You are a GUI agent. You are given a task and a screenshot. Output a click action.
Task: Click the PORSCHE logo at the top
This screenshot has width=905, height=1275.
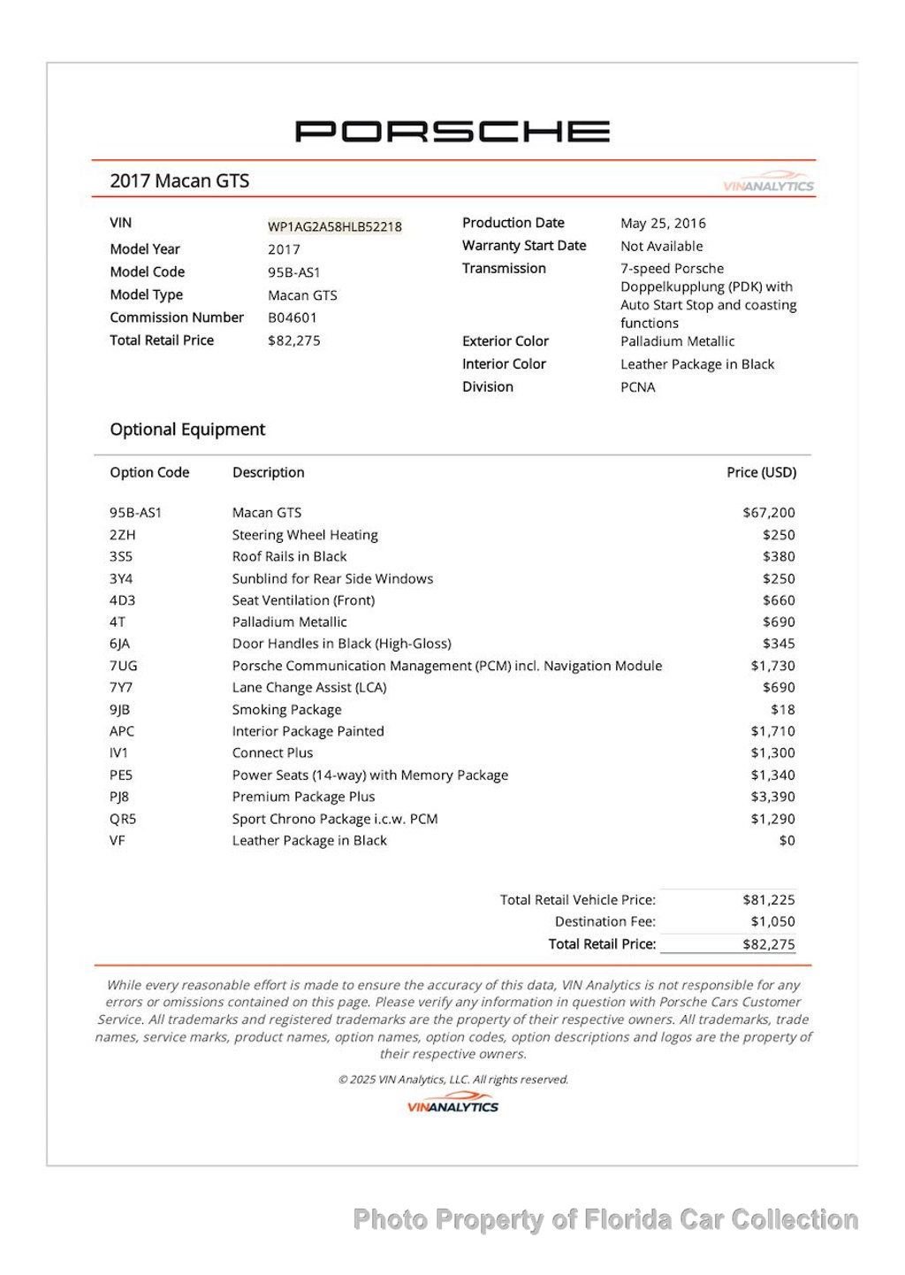click(x=452, y=132)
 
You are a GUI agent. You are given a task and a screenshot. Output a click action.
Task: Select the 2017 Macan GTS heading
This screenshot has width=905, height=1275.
click(x=179, y=181)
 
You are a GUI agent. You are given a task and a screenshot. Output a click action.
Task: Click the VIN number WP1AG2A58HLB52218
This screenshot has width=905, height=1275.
click(x=335, y=226)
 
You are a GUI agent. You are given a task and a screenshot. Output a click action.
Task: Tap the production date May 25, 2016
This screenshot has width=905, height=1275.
click(x=663, y=223)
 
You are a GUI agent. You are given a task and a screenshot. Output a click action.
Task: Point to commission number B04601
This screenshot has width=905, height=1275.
click(x=293, y=317)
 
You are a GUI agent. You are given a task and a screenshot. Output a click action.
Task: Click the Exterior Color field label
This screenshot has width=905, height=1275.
click(x=505, y=341)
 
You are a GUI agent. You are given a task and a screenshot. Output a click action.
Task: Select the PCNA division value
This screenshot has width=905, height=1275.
click(x=638, y=386)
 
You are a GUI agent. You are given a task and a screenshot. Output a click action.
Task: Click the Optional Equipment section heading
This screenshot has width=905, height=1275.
click(x=187, y=430)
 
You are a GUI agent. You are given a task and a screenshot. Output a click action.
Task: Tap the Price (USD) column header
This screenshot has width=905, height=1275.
click(x=761, y=472)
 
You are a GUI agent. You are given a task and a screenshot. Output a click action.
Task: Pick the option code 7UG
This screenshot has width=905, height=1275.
click(x=124, y=666)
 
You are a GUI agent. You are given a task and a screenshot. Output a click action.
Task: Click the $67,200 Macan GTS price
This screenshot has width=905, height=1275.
click(x=769, y=513)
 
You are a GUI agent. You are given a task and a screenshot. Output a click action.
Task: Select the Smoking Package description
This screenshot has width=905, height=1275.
click(x=286, y=709)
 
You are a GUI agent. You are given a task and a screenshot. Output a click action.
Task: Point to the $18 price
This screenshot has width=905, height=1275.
click(x=782, y=709)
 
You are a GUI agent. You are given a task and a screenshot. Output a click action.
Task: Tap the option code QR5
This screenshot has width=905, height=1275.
click(x=123, y=819)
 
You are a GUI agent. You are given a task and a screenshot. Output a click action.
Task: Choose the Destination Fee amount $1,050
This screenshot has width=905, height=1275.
click(x=772, y=921)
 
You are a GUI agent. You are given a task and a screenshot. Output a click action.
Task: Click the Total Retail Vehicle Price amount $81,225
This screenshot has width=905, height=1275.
click(x=769, y=900)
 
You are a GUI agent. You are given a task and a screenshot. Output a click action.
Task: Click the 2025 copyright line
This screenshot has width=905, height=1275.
click(x=452, y=1080)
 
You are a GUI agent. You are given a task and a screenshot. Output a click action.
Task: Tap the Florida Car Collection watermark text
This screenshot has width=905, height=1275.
click(x=605, y=1220)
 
